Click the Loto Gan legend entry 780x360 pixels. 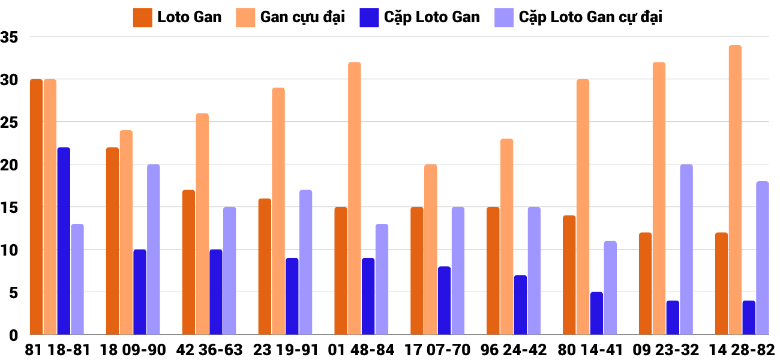point(177,17)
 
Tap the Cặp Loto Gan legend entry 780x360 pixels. point(419,17)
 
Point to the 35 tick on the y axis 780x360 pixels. point(11,37)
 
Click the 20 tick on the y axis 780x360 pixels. point(11,165)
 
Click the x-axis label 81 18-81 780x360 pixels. point(57,350)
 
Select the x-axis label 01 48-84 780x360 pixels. point(361,350)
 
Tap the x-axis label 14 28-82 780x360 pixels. point(742,350)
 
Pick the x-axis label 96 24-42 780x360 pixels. point(514,350)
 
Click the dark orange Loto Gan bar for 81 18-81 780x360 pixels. point(37,207)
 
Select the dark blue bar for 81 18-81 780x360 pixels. point(64,241)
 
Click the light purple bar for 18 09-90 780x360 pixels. point(154,250)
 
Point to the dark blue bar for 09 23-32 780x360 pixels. point(673,317)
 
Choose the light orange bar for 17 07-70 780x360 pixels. point(431,250)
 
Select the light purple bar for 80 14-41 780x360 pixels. point(610,288)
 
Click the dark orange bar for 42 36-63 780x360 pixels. point(188,262)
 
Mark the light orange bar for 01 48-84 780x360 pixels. point(355,199)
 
